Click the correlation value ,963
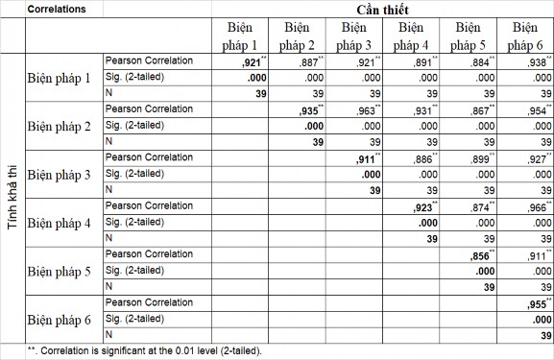click(x=366, y=110)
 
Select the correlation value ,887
click(x=309, y=61)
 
